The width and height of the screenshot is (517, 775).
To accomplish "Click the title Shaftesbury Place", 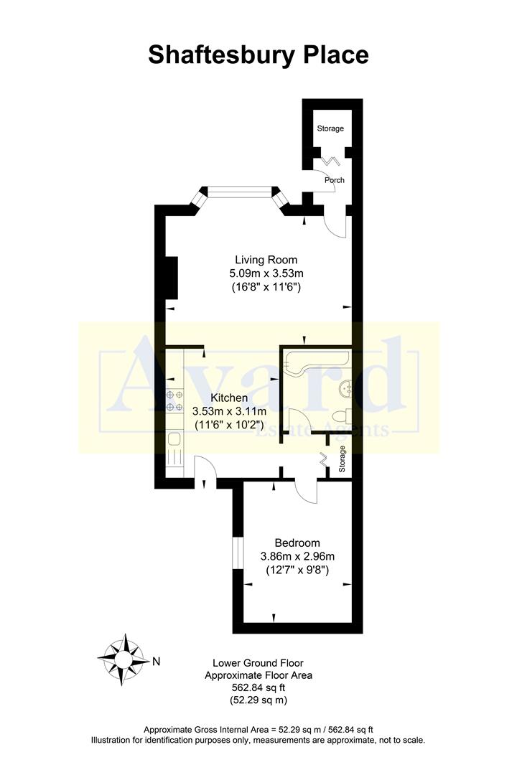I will [258, 55].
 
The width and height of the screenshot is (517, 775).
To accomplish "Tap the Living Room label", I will [266, 260].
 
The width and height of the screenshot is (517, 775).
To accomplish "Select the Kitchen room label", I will [229, 398].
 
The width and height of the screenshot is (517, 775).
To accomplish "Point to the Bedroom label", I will [297, 542].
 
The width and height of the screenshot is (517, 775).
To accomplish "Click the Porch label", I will [334, 179].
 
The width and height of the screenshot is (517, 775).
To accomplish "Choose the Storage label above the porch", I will [330, 128].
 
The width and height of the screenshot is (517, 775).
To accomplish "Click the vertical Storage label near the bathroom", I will [342, 459].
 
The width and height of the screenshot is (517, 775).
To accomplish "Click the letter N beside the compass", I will [157, 659].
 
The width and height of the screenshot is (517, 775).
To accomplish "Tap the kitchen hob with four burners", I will [174, 400].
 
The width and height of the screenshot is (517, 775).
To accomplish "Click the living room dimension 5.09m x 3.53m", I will [266, 273].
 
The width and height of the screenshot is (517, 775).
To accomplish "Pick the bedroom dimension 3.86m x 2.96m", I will [297, 556].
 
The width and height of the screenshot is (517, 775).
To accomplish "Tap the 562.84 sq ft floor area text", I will [258, 687].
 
